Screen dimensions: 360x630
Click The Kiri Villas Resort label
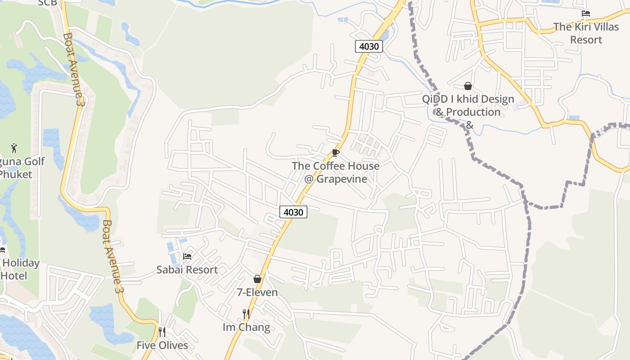[586, 33]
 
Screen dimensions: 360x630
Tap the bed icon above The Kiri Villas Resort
[586, 13]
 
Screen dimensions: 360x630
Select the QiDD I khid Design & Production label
[468, 105]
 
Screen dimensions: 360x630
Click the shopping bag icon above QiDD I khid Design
[468, 85]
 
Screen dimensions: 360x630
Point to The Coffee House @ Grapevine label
[336, 172]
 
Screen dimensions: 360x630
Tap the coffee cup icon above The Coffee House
[335, 153]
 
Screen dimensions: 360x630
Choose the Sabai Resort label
[187, 270]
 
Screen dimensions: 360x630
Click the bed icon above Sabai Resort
[187, 256]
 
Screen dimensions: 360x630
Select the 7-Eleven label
[257, 292]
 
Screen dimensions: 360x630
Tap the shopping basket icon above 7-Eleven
[257, 279]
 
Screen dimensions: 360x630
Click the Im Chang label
[247, 327]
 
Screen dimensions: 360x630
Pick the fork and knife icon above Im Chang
[246, 314]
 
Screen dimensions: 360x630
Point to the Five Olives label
[162, 346]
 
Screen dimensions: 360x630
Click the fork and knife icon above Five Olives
[162, 332]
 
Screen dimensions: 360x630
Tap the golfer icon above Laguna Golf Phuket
[14, 148]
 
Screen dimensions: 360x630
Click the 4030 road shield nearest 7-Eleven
[293, 212]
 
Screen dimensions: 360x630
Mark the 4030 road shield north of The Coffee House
[369, 46]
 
